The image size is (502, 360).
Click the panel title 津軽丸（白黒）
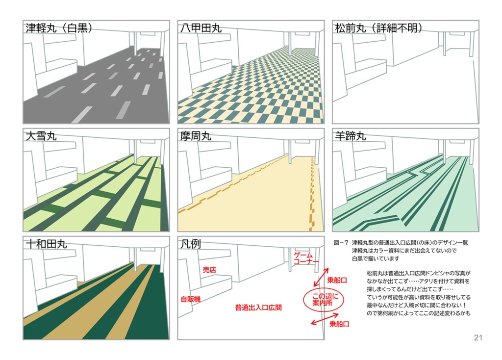(x=59, y=28)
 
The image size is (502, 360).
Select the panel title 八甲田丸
(x=201, y=28)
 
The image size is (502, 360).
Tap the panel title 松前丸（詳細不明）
(x=378, y=28)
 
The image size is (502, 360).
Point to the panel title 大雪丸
(x=41, y=136)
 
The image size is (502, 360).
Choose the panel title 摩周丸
(x=196, y=136)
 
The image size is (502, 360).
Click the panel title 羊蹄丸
(x=350, y=136)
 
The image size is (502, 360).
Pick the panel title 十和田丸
(x=46, y=244)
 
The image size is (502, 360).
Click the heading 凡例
(x=191, y=244)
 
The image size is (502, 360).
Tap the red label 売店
(x=209, y=270)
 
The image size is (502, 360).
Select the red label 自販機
(x=191, y=299)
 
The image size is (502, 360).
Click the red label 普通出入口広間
(x=258, y=308)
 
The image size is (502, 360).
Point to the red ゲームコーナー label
(x=306, y=258)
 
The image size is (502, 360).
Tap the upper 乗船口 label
(x=337, y=280)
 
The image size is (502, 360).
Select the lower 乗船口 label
(x=339, y=324)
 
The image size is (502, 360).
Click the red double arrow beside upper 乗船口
(x=321, y=277)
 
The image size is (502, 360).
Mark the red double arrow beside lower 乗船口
(x=325, y=319)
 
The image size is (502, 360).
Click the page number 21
(x=478, y=337)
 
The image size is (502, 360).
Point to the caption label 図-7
(x=341, y=243)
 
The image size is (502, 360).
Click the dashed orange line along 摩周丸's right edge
(x=311, y=194)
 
